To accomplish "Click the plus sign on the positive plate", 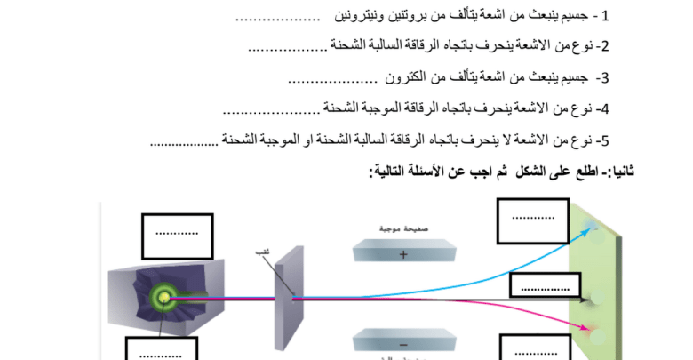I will (404, 255).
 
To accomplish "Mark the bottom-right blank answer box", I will (532, 348).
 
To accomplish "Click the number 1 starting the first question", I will (606, 16).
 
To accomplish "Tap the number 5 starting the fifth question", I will (605, 140).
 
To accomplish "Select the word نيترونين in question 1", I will (361, 16).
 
